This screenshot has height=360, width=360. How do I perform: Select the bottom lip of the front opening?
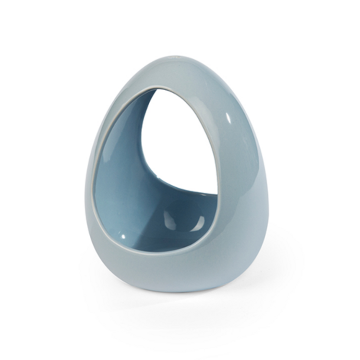coord(158,251)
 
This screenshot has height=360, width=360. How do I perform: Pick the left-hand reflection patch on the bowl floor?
coord(169,221)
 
